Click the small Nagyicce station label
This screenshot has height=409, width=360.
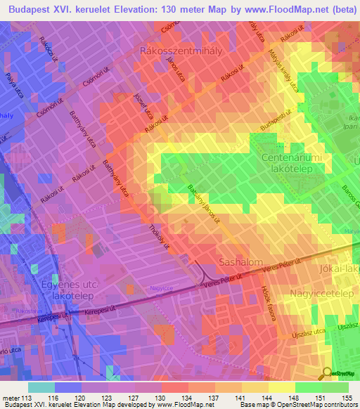tap(161, 287)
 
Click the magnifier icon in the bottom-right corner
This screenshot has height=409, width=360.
tap(327, 374)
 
